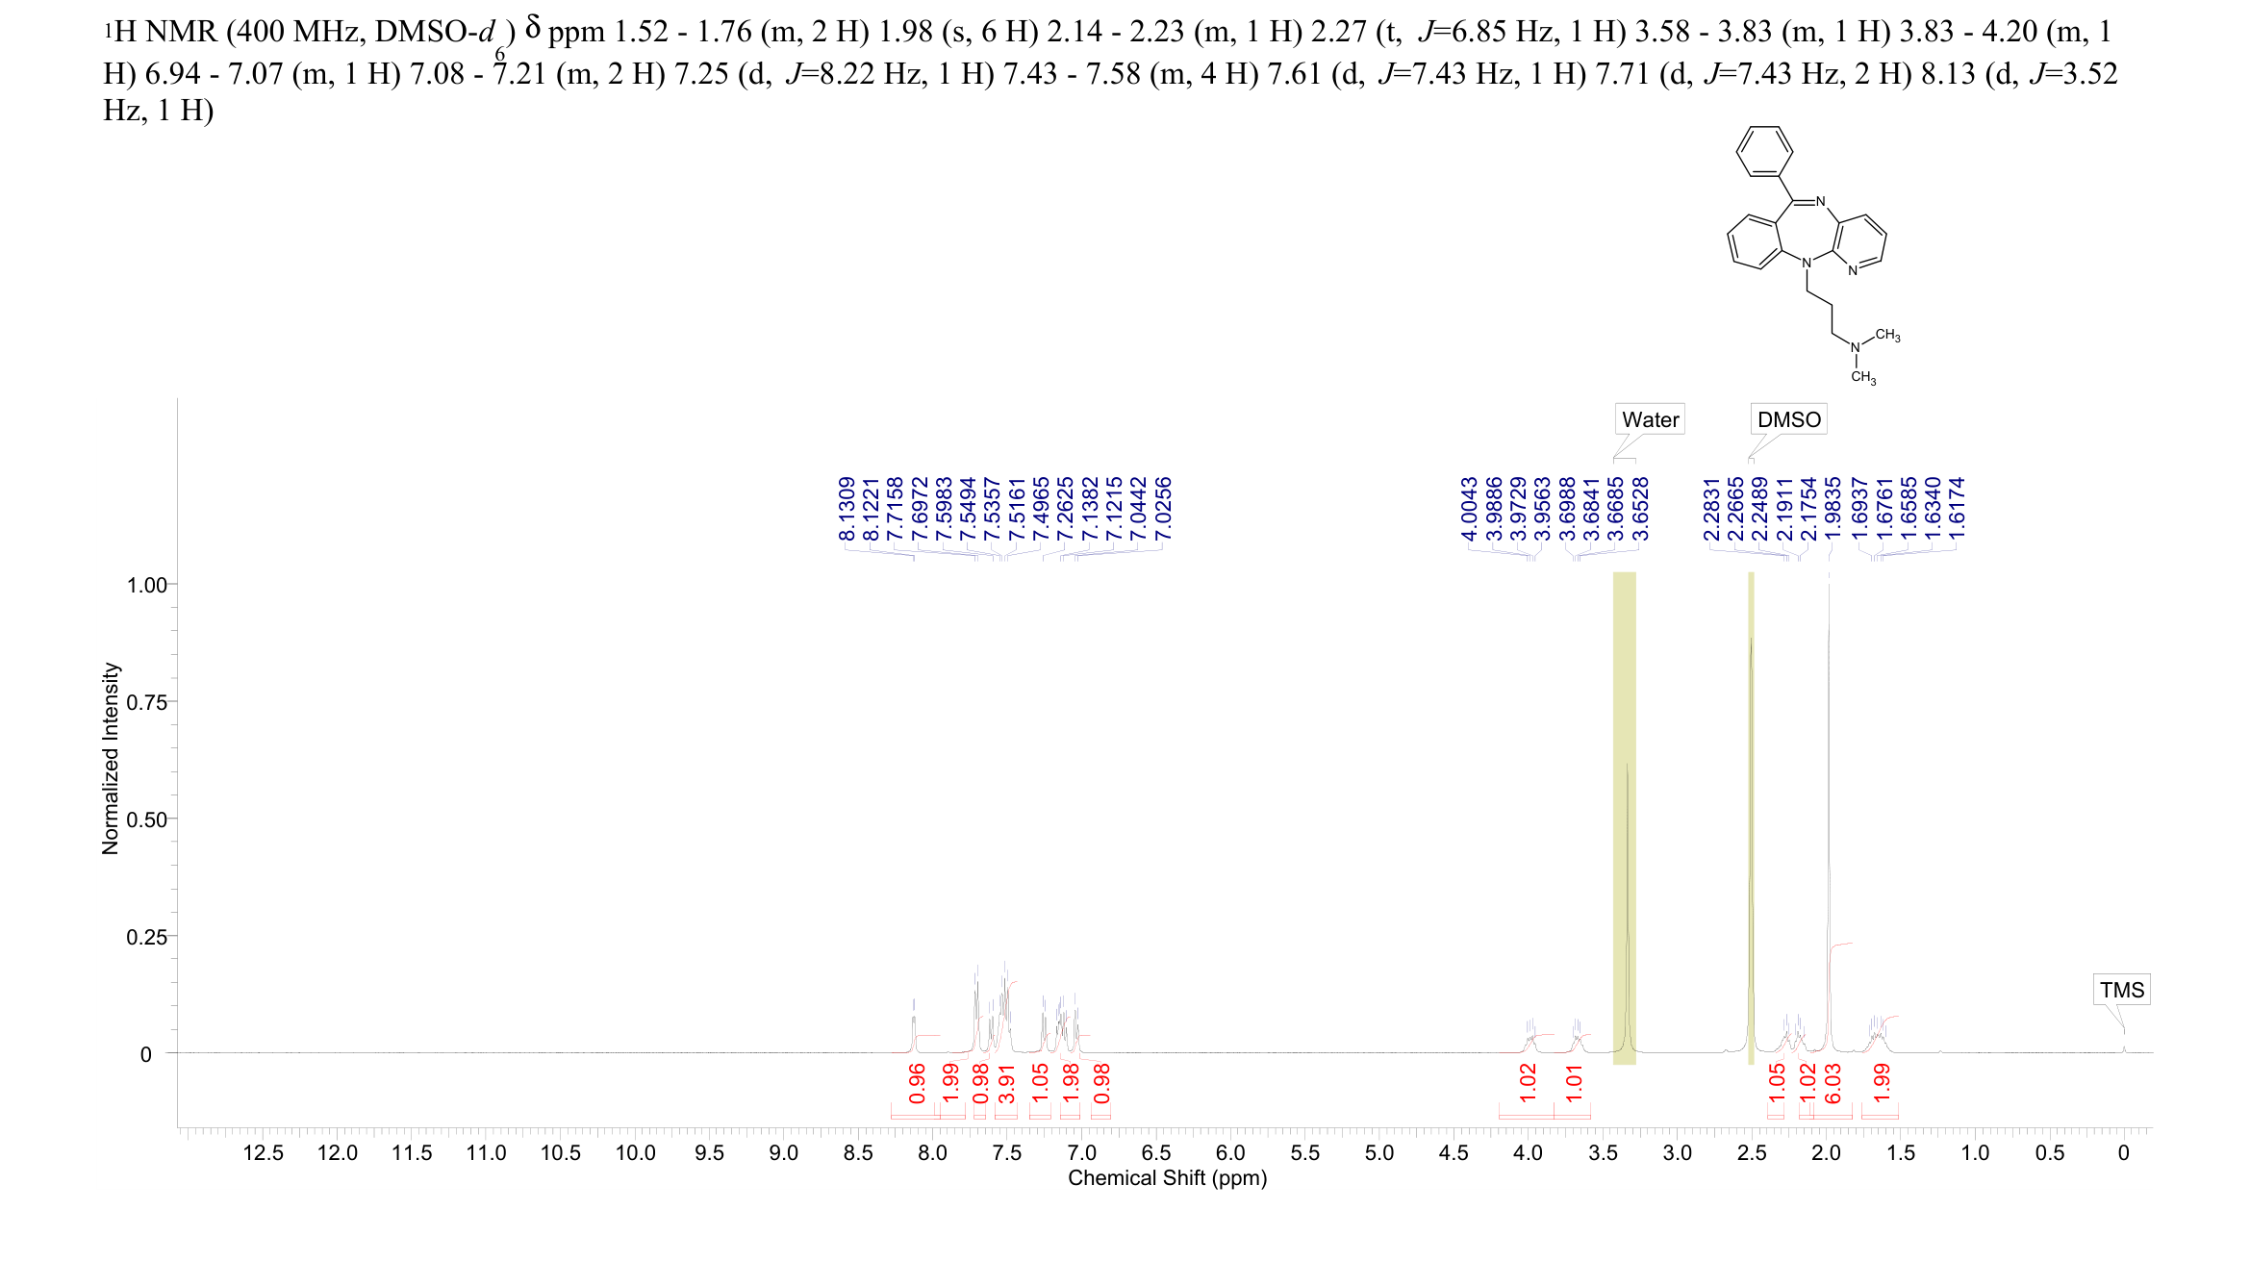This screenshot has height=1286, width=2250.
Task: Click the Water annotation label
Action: click(1650, 419)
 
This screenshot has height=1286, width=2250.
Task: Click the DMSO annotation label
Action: click(1788, 419)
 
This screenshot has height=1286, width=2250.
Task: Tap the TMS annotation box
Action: click(2121, 990)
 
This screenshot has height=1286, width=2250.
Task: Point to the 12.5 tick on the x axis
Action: click(263, 1153)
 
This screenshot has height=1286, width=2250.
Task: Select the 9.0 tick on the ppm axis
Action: click(784, 1153)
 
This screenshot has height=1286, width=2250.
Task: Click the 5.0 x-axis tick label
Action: click(1378, 1153)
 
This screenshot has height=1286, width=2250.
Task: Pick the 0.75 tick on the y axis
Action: click(146, 702)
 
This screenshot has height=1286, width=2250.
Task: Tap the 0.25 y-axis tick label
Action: click(146, 937)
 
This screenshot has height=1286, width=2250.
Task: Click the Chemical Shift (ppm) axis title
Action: click(1167, 1178)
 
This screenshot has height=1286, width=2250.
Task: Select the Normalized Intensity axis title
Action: click(111, 758)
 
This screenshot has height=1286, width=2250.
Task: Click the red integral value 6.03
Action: click(1833, 1083)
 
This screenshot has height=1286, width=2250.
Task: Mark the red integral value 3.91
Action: click(1006, 1083)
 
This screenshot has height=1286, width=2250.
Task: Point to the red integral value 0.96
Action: click(917, 1083)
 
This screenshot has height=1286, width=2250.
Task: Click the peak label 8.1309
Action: click(847, 510)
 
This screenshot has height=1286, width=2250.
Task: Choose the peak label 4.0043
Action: click(1469, 510)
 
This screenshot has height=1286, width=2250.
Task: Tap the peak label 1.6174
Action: click(1957, 510)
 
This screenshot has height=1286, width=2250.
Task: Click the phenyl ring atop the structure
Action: click(1764, 151)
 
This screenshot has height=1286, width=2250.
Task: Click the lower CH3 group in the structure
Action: click(1863, 377)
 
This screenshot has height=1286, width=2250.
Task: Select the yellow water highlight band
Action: click(1624, 818)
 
